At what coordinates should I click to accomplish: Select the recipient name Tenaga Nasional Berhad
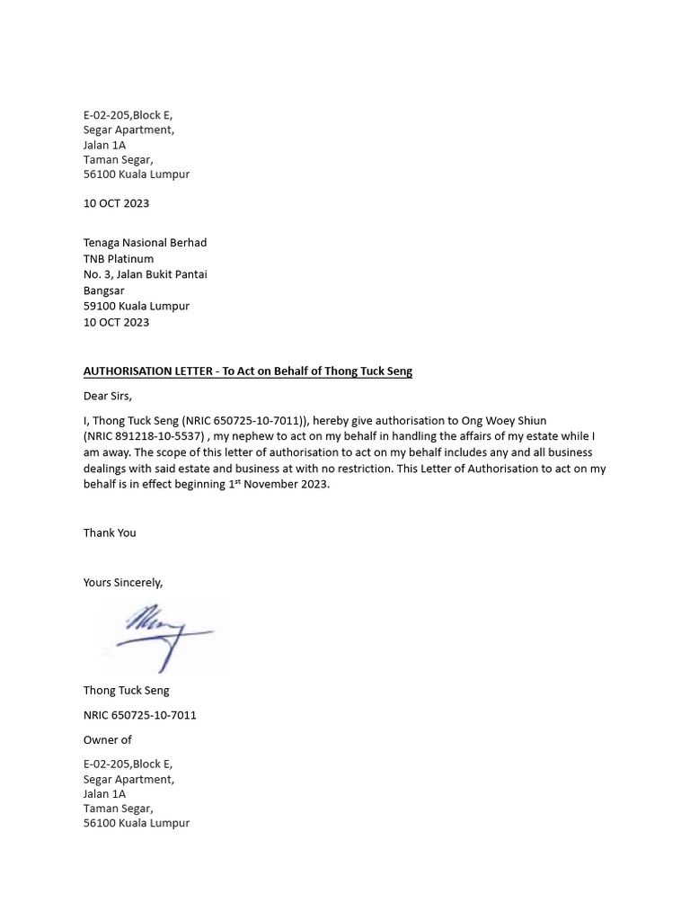click(x=145, y=243)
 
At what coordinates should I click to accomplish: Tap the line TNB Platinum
click(x=119, y=259)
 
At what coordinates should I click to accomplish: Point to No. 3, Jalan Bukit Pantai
click(x=145, y=274)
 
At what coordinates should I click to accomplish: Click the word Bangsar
click(x=104, y=291)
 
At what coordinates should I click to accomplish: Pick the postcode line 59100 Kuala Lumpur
click(x=137, y=306)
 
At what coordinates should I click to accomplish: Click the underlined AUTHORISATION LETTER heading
click(x=247, y=371)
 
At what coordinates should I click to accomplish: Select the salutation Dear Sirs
click(x=108, y=396)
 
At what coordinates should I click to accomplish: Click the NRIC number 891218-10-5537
click(x=153, y=436)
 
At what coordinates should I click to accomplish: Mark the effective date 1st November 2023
click(x=279, y=485)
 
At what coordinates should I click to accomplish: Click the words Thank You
click(x=110, y=532)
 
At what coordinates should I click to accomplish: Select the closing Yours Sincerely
click(x=123, y=582)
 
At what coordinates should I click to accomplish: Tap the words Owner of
click(x=108, y=739)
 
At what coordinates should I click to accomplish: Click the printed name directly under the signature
click(x=126, y=691)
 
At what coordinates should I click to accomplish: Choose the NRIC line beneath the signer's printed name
click(x=140, y=715)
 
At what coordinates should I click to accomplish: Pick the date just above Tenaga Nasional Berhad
click(x=116, y=203)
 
